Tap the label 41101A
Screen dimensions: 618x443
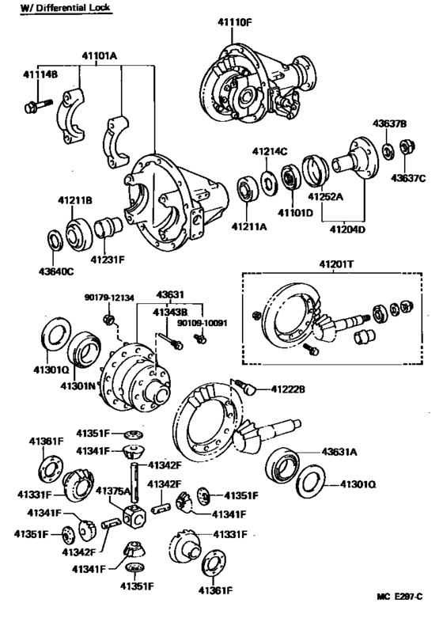click(x=98, y=56)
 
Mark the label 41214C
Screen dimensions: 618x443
click(x=270, y=150)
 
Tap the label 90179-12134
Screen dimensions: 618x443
click(x=110, y=298)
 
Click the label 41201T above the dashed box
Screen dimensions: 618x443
click(x=337, y=263)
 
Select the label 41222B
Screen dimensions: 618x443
click(x=287, y=389)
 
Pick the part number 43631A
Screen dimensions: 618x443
click(x=339, y=452)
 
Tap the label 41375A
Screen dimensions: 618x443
click(x=112, y=491)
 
